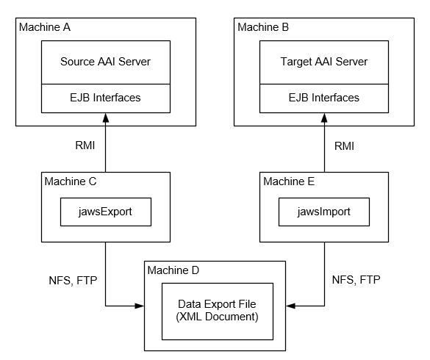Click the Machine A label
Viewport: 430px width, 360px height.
[45, 27]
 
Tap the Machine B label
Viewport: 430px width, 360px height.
[263, 27]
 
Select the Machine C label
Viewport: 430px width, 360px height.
[71, 181]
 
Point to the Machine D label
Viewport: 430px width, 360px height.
[173, 270]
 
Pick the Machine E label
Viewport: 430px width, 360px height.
[289, 181]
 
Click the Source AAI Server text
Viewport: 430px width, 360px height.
[105, 62]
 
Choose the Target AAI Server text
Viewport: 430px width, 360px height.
[324, 62]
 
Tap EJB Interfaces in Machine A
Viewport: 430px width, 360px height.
[105, 98]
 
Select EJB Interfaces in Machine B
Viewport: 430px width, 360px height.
[324, 98]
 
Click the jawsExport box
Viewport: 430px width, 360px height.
[106, 212]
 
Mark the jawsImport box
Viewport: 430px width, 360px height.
[324, 212]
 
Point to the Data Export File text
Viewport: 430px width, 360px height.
[217, 304]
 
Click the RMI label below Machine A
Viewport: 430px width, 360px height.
[85, 145]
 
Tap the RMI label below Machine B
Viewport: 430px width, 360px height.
[344, 146]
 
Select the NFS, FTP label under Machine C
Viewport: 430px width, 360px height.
[73, 281]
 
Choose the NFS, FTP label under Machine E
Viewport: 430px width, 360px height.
[356, 280]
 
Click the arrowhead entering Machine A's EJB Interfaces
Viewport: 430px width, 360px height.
[106, 118]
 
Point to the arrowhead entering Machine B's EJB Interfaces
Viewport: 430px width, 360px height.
[324, 118]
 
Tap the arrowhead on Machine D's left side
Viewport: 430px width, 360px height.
[140, 306]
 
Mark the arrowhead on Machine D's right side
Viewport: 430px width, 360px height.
[290, 306]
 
